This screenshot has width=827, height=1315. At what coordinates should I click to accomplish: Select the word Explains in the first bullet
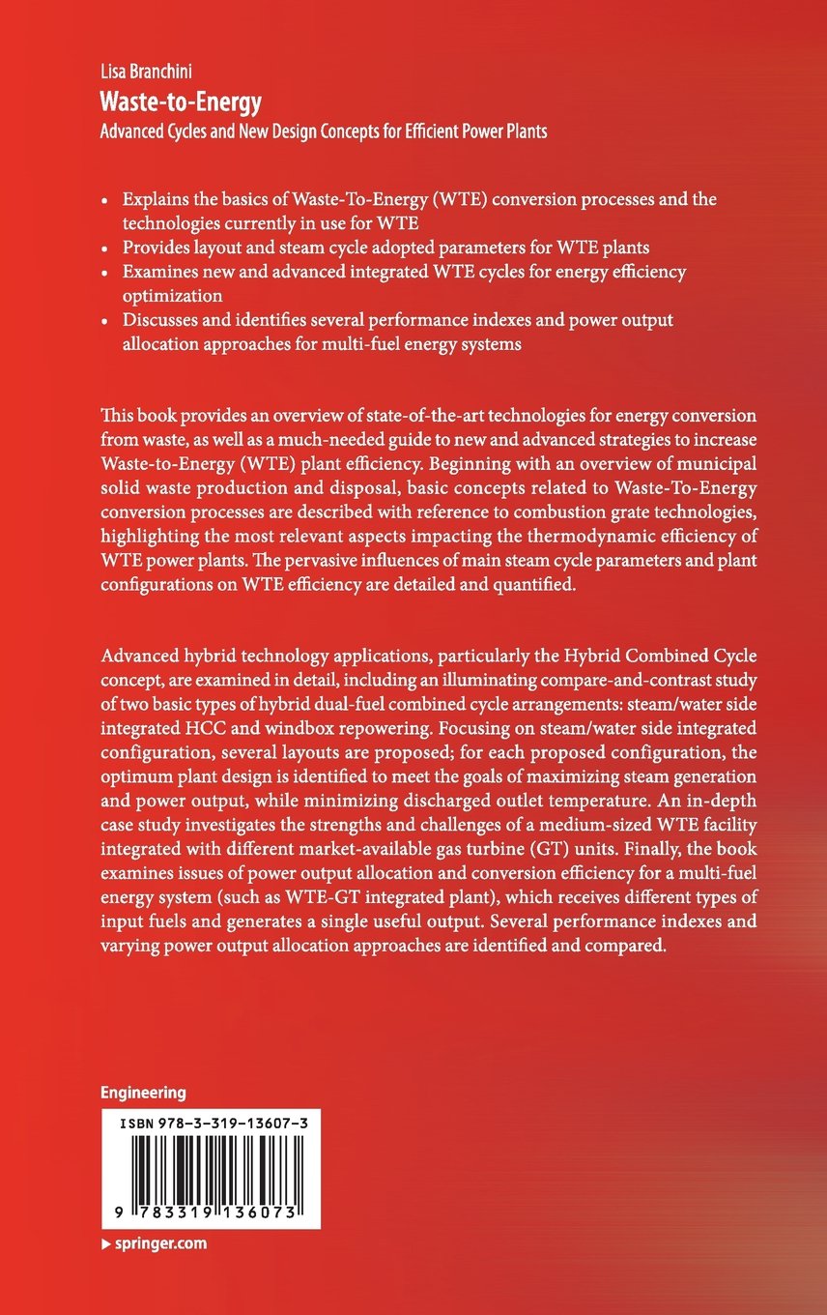[x=155, y=198]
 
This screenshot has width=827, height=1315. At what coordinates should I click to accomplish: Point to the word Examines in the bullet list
[x=157, y=272]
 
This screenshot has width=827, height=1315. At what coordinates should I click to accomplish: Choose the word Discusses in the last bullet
[x=158, y=320]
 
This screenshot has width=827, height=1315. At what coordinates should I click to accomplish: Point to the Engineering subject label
[x=143, y=1093]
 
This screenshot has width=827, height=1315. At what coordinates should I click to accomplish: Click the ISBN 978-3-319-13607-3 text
[x=212, y=1123]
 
